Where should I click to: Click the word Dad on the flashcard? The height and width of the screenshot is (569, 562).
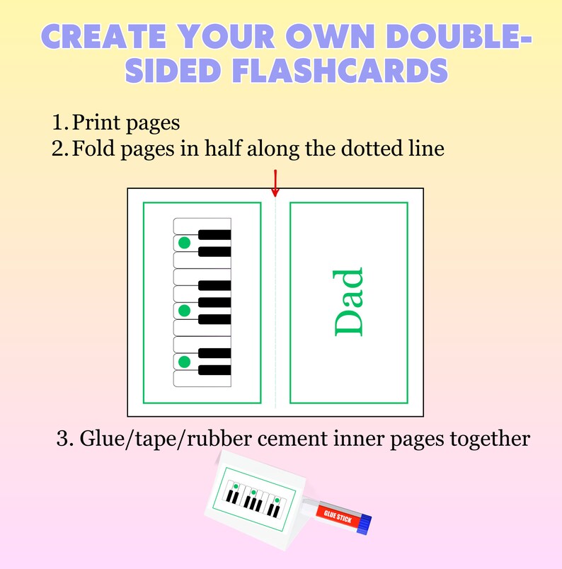(x=348, y=301)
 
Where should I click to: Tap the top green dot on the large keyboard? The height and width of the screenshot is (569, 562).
(x=185, y=243)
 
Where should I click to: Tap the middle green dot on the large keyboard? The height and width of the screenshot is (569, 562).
(x=185, y=311)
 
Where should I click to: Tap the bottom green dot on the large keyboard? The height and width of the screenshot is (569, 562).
(x=185, y=362)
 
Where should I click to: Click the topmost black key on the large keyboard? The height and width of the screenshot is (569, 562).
(x=214, y=235)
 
